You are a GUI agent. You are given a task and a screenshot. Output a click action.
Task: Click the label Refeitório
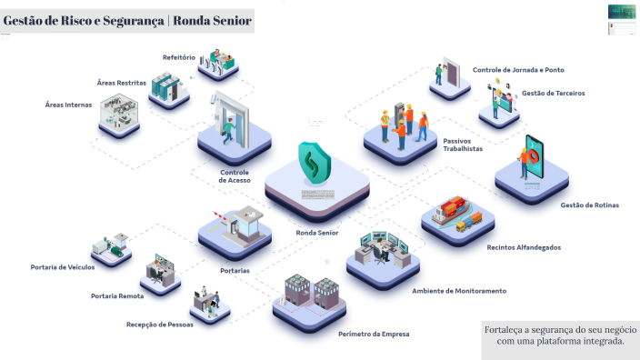click(179, 57)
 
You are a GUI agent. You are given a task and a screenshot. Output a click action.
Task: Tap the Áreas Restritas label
click(121, 83)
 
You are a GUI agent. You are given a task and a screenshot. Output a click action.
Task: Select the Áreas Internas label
click(68, 105)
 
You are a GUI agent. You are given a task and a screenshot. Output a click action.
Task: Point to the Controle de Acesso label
click(235, 176)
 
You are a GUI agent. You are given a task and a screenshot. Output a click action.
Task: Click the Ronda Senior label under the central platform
click(317, 233)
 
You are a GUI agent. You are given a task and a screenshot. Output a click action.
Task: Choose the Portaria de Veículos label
click(63, 267)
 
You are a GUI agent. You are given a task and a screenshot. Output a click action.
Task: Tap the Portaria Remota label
click(117, 296)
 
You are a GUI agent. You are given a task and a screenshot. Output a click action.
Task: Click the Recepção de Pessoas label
click(160, 325)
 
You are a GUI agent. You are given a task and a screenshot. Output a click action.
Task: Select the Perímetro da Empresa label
click(374, 335)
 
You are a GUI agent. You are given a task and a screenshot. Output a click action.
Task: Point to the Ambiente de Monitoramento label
click(459, 291)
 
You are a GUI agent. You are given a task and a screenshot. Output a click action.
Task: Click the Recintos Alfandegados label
click(524, 247)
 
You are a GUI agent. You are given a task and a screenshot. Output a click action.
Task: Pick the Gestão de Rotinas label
click(589, 205)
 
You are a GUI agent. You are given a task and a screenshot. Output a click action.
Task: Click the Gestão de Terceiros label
click(553, 94)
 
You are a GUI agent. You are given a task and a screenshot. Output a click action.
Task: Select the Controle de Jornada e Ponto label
click(518, 70)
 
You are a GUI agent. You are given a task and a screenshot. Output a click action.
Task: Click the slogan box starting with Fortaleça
click(560, 335)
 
